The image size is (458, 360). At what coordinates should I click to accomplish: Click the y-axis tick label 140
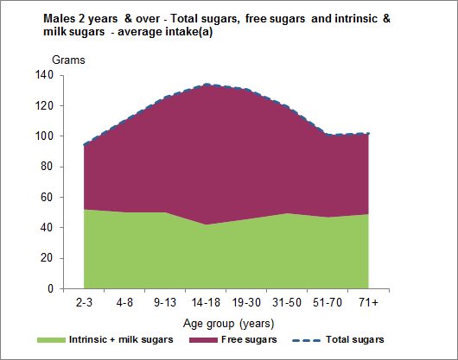point(44,75)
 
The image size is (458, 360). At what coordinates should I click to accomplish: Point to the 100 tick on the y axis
point(44,136)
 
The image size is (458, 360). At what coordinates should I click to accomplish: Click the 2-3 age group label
point(84,304)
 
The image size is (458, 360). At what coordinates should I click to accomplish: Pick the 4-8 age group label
point(124,304)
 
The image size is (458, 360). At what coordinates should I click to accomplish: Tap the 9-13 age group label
point(165,304)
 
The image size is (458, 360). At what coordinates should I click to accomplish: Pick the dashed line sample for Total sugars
point(314,340)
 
